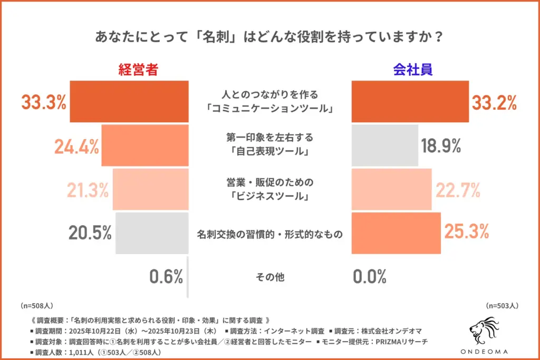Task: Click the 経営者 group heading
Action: [138, 70]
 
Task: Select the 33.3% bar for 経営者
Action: [129, 102]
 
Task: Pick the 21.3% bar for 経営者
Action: [150, 190]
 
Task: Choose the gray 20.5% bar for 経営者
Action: [152, 233]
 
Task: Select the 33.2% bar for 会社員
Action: [410, 102]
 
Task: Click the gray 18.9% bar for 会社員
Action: [384, 145]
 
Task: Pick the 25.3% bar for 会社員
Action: [396, 233]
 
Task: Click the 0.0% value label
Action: [369, 276]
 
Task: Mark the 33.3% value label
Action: [44, 102]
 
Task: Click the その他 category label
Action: [269, 277]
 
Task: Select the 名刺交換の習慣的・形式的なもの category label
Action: [269, 233]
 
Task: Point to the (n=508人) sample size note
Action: [36, 305]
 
